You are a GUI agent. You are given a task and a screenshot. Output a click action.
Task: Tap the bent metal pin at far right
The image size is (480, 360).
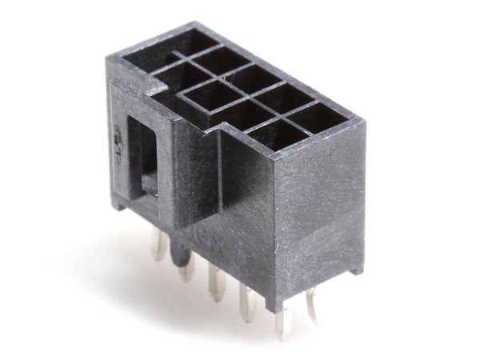click(311, 305)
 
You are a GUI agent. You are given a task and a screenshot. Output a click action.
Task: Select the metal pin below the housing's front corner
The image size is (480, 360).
click(282, 320)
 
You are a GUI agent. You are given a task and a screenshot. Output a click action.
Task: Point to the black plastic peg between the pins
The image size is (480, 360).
click(186, 264)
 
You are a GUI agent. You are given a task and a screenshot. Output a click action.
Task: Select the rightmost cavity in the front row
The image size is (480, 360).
click(282, 133)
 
